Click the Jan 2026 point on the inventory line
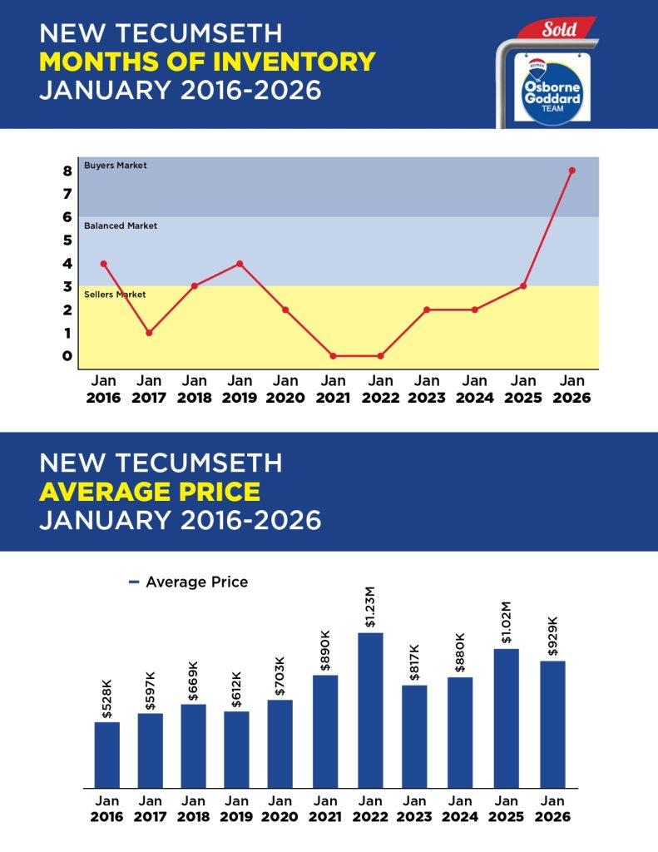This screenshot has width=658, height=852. tap(571, 171)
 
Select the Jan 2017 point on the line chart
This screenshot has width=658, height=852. tap(149, 333)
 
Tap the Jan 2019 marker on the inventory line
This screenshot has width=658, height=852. tap(240, 264)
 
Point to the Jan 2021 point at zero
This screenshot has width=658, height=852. tap(333, 356)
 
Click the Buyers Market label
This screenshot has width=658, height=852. tap(116, 166)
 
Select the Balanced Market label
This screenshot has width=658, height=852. tap(121, 225)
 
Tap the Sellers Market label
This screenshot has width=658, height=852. tap(116, 295)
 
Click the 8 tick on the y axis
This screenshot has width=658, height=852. tap(67, 171)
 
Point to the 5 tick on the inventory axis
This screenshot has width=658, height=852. tap(67, 240)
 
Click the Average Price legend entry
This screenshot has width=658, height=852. tap(189, 582)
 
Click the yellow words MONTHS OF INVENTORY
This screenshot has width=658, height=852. tap(207, 62)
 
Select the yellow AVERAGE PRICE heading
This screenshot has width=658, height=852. tap(150, 491)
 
